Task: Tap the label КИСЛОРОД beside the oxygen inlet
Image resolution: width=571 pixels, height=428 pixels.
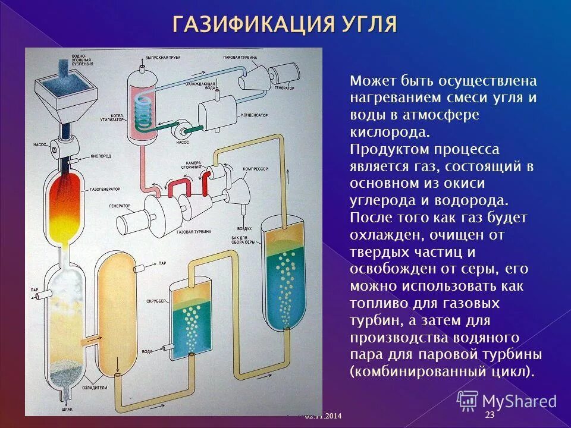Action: [x=101, y=157]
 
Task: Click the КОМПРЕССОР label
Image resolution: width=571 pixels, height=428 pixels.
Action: [x=256, y=169]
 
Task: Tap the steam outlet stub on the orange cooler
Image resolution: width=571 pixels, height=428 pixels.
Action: [x=139, y=269]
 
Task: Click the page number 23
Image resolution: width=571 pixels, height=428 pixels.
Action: [x=490, y=415]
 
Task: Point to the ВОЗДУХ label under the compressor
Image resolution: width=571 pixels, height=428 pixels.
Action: [x=244, y=228]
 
